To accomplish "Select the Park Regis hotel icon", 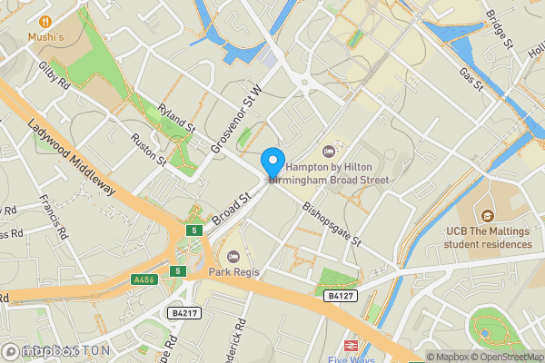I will click(234, 257).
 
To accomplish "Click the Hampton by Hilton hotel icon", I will click(329, 151).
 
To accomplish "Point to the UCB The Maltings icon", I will click(487, 216).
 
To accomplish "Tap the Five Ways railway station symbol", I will click(350, 346).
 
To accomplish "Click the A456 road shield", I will click(144, 280).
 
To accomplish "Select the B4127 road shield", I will click(339, 296).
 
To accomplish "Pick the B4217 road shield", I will click(184, 313).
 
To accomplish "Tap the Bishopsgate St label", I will click(332, 225).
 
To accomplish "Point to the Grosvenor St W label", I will click(235, 119).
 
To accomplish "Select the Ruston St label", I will click(148, 150).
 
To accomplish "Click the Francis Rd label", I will click(54, 219).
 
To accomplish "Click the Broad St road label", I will click(232, 211).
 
